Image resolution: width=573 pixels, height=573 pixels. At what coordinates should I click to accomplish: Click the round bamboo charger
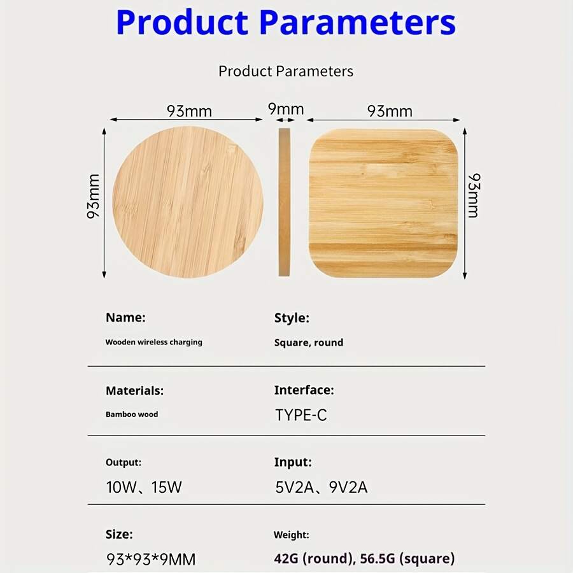click(188, 202)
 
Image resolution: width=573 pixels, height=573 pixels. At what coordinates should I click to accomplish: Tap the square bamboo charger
click(383, 202)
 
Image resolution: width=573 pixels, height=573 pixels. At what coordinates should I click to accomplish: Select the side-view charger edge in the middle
click(284, 202)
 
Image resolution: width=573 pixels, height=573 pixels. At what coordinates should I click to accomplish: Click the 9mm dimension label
click(285, 110)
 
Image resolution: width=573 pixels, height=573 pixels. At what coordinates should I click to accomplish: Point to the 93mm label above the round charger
click(189, 111)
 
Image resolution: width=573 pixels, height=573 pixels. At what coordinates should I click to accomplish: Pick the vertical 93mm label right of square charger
click(473, 195)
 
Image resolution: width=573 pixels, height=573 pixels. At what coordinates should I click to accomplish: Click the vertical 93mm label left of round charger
click(94, 196)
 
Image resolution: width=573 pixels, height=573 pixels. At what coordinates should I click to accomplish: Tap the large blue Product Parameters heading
click(286, 22)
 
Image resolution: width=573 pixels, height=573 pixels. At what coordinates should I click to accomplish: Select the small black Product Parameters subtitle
click(286, 71)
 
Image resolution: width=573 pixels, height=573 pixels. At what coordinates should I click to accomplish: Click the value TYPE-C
click(301, 416)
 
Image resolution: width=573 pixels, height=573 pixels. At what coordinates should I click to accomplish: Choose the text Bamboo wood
click(132, 414)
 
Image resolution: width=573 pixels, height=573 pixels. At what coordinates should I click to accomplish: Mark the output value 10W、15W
click(144, 488)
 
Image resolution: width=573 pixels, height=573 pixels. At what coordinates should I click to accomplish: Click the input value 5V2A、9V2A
click(322, 488)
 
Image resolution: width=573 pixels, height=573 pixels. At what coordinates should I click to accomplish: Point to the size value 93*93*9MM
click(151, 560)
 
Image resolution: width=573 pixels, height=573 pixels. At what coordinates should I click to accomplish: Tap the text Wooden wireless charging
click(153, 342)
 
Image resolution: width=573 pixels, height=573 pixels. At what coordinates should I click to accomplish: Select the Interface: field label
click(304, 390)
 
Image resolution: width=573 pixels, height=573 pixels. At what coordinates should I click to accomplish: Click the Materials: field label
click(134, 390)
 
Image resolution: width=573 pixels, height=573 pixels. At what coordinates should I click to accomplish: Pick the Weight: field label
click(291, 535)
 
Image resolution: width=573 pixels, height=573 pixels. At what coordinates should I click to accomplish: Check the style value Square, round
click(309, 343)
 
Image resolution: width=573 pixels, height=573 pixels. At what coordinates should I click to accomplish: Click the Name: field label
click(125, 317)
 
